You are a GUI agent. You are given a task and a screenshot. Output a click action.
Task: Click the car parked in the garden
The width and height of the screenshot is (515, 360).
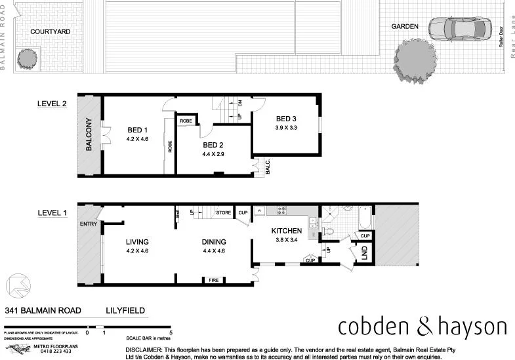coord(459,29)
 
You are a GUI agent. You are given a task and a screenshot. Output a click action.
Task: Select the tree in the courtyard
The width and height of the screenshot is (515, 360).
coord(27,58)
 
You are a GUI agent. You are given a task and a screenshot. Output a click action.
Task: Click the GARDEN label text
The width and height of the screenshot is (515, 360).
coord(405,26)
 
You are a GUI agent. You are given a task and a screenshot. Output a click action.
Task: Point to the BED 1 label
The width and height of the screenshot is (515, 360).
coord(137,130)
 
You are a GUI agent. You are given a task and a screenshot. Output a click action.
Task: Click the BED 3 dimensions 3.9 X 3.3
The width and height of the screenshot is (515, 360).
coord(286,127)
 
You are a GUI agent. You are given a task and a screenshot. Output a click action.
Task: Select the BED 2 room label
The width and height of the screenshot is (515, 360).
coord(214,145)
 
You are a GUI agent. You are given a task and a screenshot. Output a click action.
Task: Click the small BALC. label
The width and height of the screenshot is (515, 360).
coord(268,168)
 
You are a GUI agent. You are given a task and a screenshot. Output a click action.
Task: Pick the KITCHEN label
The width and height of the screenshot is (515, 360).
coord(287,231)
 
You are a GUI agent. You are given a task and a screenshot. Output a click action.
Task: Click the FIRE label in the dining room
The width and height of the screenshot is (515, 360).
coord(214,280)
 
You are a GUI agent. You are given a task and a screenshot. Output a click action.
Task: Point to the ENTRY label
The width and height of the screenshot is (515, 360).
coord(88,225)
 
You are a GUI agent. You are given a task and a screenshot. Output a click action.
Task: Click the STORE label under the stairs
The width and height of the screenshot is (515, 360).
coord(224,212)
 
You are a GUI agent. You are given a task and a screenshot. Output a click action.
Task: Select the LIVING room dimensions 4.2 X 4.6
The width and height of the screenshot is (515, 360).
coord(137,250)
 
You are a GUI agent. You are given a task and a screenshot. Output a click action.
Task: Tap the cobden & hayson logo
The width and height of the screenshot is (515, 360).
coord(422,327)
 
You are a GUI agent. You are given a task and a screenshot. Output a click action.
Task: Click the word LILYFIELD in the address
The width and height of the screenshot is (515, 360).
coord(125,311)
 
